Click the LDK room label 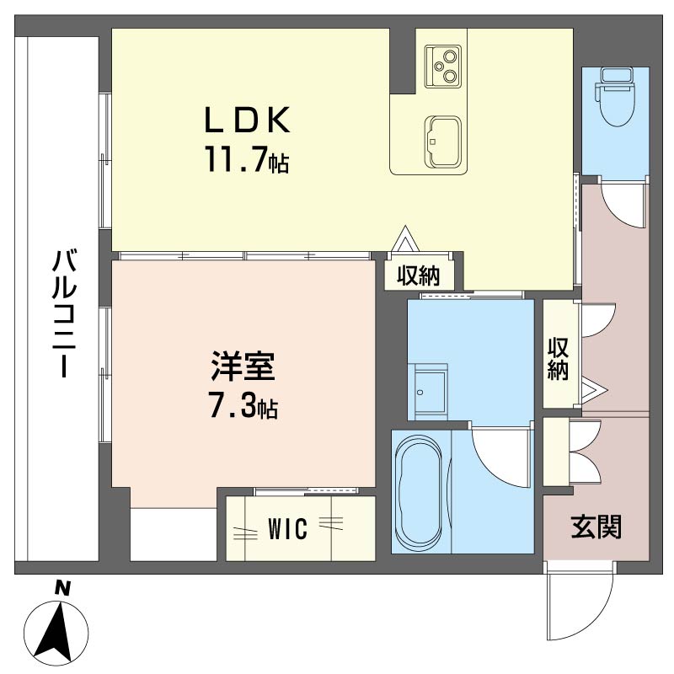coord(247,121)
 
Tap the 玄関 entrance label coord(596,527)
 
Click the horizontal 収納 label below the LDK coord(419,275)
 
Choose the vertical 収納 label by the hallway coord(558,360)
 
